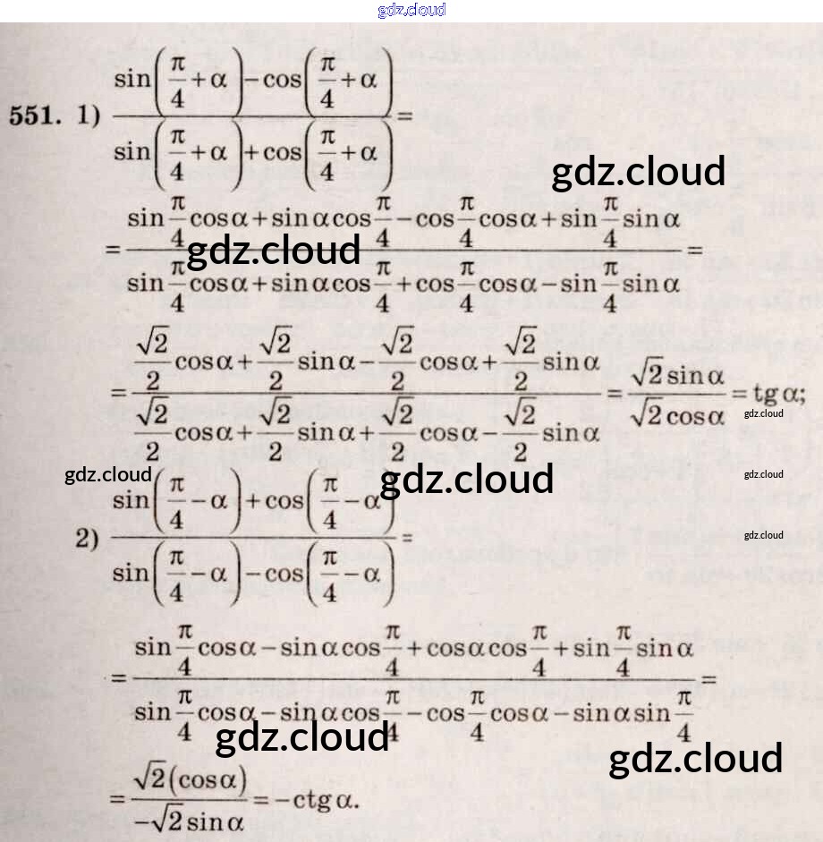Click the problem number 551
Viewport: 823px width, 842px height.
36,116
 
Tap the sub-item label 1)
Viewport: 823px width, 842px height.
87,116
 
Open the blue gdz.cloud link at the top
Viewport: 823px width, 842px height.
411,10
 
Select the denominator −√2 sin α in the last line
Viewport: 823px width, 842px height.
190,820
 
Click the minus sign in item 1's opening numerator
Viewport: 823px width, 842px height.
251,79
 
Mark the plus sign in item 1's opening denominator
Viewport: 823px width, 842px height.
251,152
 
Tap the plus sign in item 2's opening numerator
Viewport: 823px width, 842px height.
251,500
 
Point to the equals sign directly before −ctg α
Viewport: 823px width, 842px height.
260,799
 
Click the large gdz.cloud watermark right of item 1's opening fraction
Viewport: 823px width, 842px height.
638,172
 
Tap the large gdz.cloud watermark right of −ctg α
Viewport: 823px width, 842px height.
695,759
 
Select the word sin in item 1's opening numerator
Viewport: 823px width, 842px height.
132,79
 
